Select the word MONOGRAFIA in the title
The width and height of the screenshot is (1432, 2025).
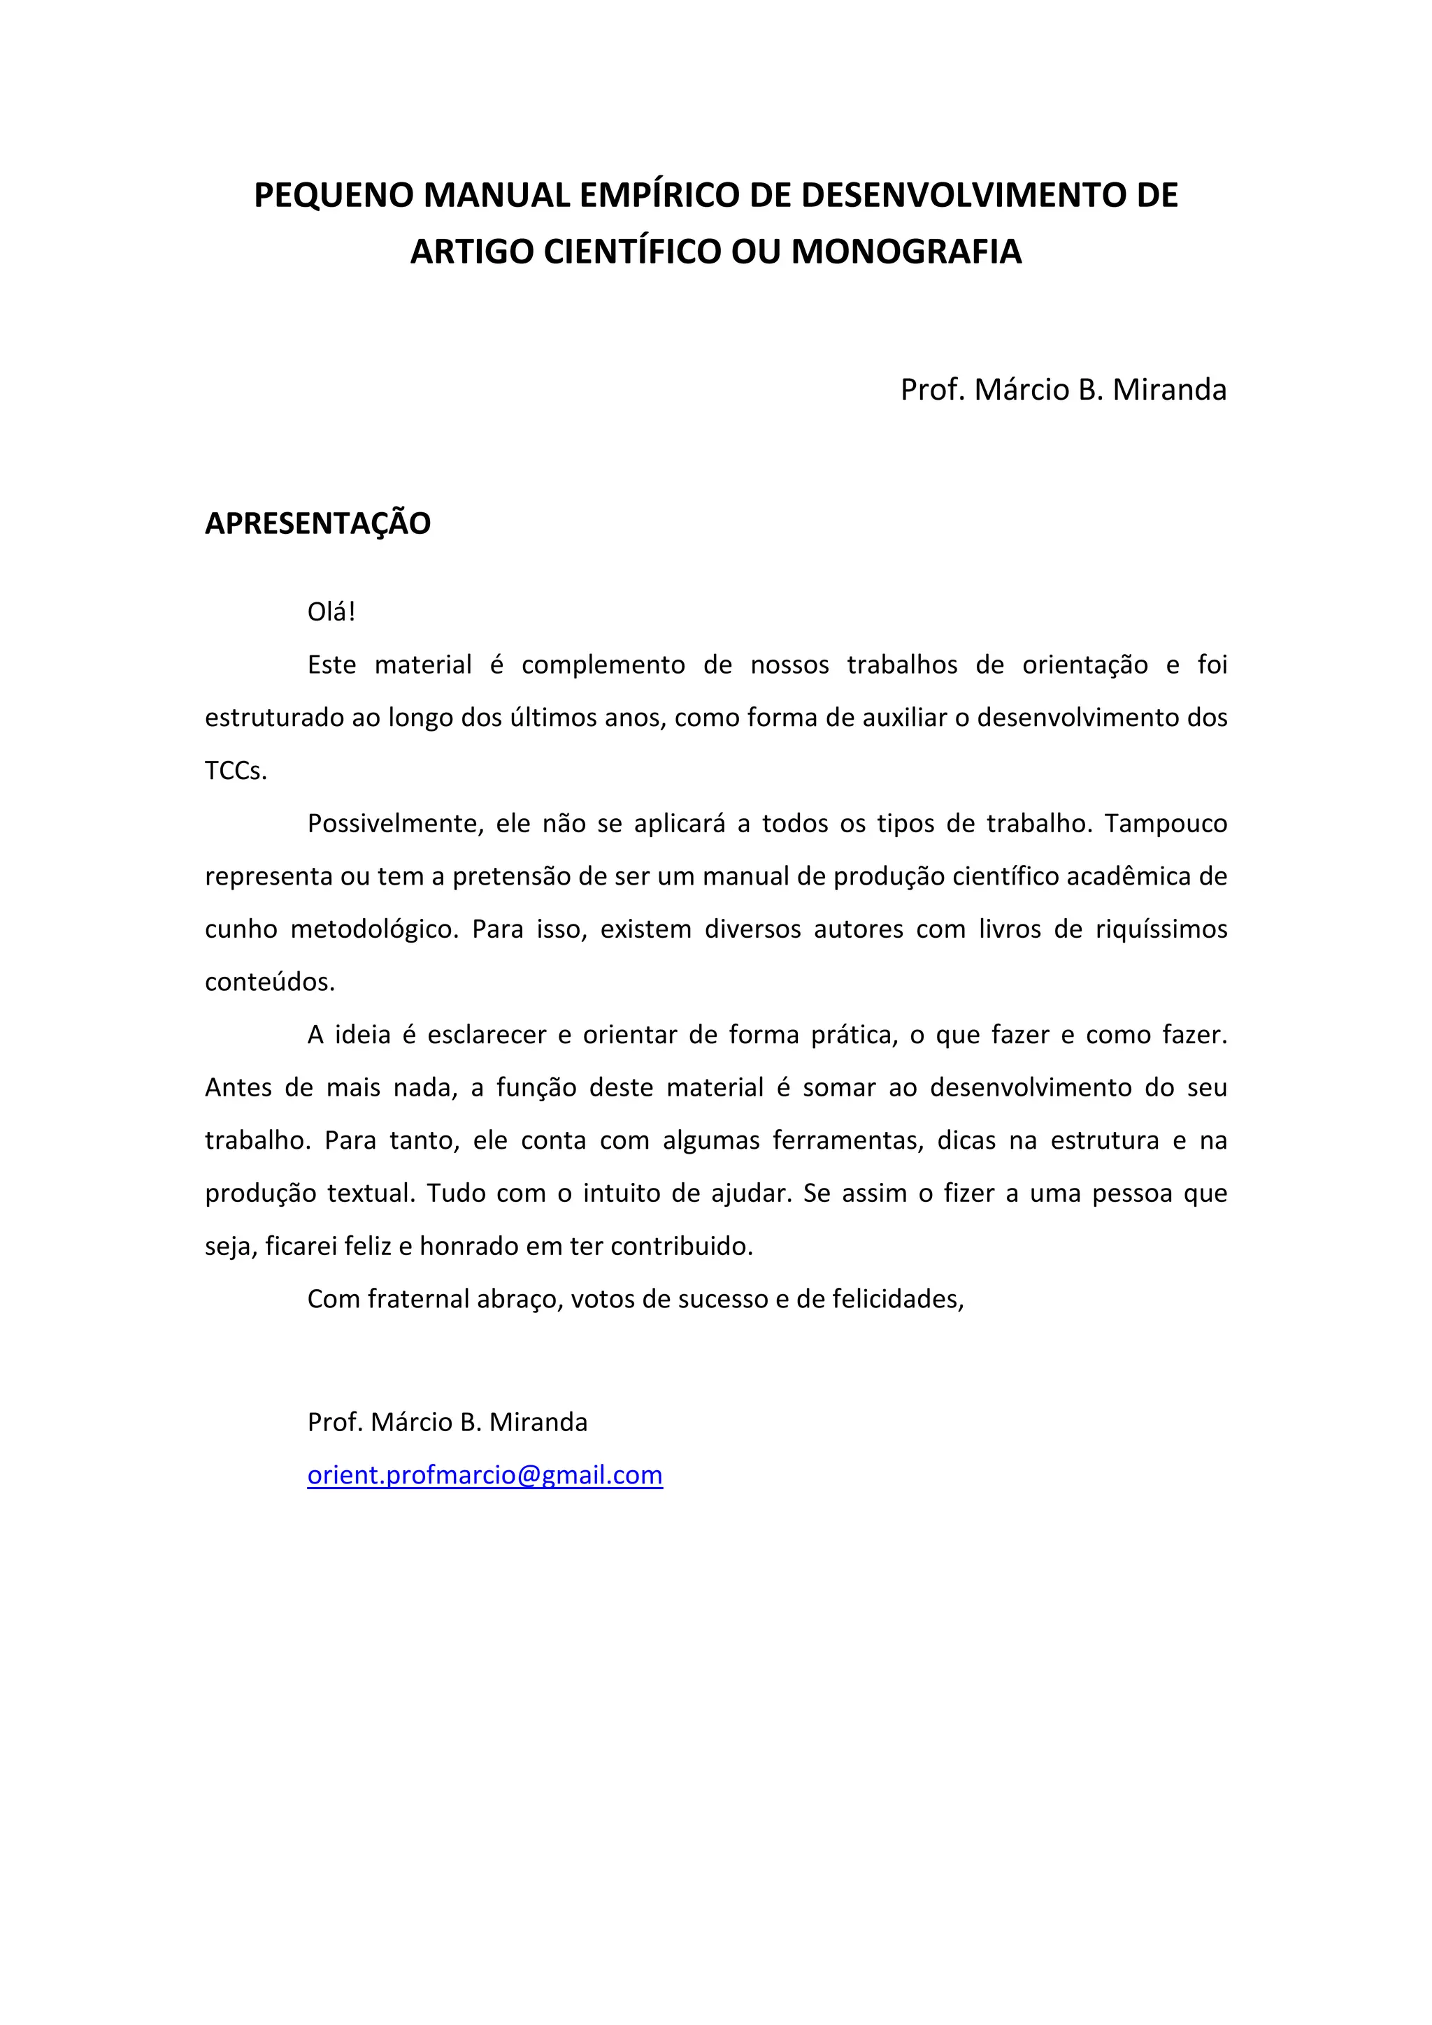click(x=906, y=252)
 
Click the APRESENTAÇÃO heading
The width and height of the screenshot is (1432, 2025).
click(x=317, y=523)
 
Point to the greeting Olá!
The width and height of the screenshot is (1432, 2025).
click(x=331, y=612)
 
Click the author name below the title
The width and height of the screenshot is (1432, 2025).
click(x=1064, y=390)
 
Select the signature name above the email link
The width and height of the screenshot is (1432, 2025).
click(x=447, y=1423)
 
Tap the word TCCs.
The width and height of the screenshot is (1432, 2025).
click(x=236, y=771)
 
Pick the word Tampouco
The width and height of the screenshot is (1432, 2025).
click(x=1166, y=824)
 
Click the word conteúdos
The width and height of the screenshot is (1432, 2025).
click(x=270, y=982)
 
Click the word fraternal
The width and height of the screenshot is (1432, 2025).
click(x=418, y=1299)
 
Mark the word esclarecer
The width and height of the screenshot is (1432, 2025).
click(x=487, y=1035)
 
